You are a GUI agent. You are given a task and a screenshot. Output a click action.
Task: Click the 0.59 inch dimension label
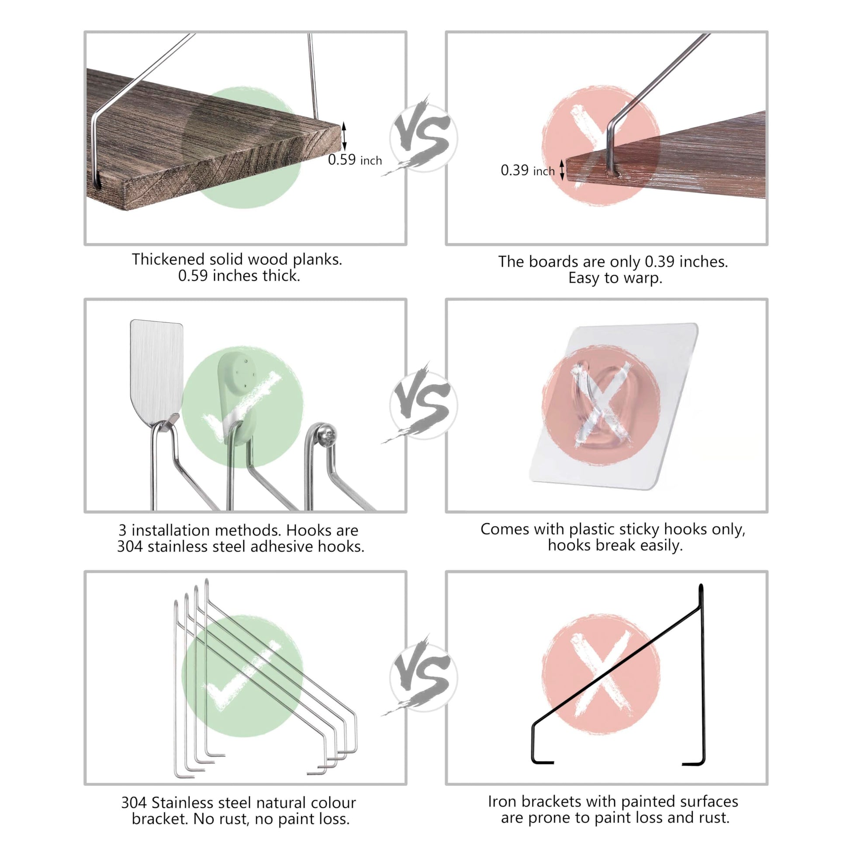tap(355, 160)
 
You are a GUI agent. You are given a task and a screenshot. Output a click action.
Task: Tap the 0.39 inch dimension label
tap(528, 170)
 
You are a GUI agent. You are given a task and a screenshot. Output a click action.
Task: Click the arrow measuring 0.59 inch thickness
tap(344, 136)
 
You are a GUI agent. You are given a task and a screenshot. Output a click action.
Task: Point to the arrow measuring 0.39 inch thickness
tap(562, 170)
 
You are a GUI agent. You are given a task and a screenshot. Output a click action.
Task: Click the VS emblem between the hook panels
tap(423, 405)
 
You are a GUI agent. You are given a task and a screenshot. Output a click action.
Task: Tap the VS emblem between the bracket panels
tap(423, 677)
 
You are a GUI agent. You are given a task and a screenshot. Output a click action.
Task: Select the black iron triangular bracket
tap(618, 675)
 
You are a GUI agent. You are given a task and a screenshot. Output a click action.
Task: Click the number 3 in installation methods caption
tap(123, 531)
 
